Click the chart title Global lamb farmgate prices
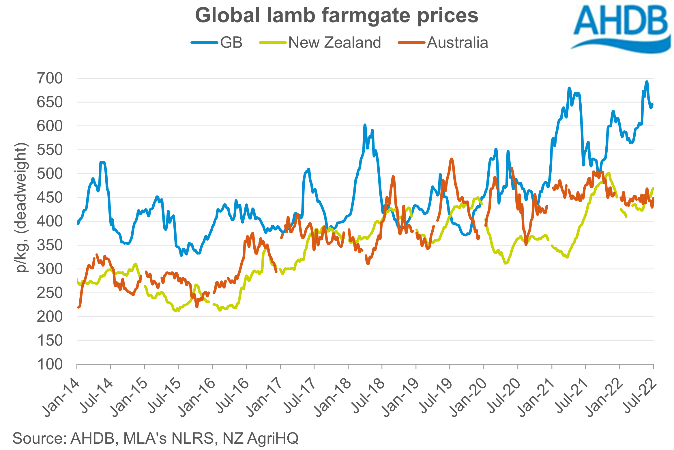(x=336, y=16)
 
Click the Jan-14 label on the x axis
(x=61, y=398)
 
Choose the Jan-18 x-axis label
(x=332, y=398)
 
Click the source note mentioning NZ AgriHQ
(x=155, y=438)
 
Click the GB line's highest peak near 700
(x=647, y=82)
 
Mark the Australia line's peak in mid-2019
(x=452, y=159)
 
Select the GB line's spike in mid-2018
(x=365, y=125)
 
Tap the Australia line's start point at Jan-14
(x=78, y=307)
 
